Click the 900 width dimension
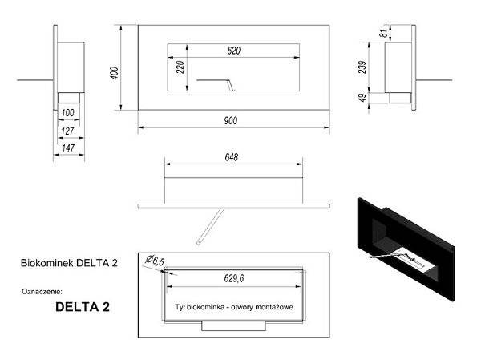tap(232, 119)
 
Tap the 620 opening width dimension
tap(233, 51)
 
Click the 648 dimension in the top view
tap(232, 158)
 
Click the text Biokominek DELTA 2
tap(69, 262)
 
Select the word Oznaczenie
tap(42, 291)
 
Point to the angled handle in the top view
tap(208, 225)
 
